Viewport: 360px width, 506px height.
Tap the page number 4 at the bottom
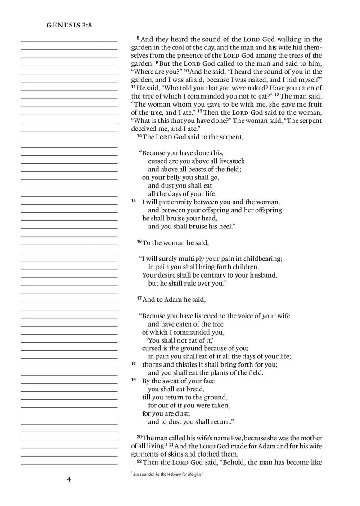pos(69,479)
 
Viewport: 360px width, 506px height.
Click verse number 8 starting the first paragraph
pos(137,39)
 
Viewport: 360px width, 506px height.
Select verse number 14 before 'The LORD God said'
pos(139,136)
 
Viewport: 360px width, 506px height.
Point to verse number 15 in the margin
pos(134,201)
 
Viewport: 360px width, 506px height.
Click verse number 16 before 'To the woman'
pos(139,242)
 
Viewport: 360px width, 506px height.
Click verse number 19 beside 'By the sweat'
pos(134,380)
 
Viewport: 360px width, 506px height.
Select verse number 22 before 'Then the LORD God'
pos(139,462)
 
